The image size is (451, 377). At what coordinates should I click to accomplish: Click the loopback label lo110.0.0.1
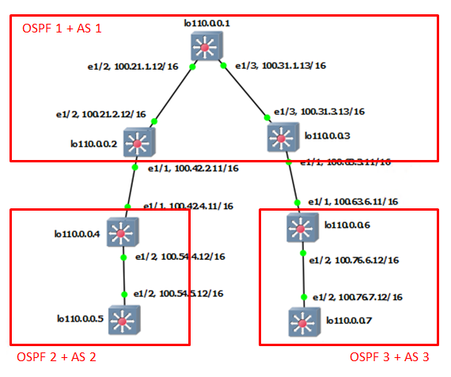tap(207, 24)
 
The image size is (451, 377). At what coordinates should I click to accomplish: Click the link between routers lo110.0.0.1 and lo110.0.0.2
tap(174, 94)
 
